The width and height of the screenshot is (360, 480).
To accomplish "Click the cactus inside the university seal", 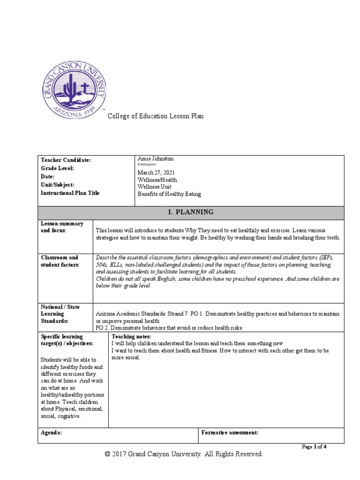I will [x=71, y=87].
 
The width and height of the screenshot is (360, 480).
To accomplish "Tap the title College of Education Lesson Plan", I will [x=156, y=116].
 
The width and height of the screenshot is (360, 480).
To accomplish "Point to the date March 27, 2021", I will [x=157, y=173].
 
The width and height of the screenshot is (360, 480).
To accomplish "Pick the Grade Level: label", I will [x=58, y=168].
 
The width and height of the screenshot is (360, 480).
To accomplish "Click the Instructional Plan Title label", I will [x=70, y=193].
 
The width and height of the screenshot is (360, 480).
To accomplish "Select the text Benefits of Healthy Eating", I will [x=169, y=193].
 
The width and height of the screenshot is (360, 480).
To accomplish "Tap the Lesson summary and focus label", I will [x=62, y=227].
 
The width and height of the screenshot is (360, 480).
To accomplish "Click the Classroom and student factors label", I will [x=60, y=261].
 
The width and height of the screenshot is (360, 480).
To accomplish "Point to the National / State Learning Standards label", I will [x=60, y=314].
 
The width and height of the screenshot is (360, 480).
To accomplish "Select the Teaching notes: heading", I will [x=131, y=337].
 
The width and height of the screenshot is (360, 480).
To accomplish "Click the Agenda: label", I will [x=51, y=433].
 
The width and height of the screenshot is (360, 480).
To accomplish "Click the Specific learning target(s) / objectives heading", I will [x=67, y=340].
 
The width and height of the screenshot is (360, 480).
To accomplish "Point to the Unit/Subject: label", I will [x=58, y=185].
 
